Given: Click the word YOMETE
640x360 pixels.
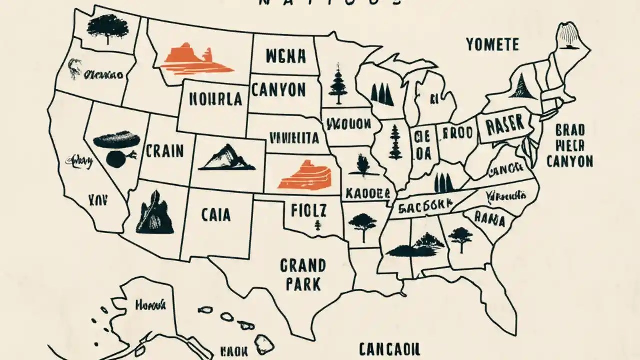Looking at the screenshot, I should pos(492,44).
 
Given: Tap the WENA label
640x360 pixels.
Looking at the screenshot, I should pos(279,56).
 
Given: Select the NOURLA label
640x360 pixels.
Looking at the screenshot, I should pos(216,99).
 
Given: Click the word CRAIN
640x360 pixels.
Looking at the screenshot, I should pos(164,150).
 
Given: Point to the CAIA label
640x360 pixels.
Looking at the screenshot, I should pos(216,215).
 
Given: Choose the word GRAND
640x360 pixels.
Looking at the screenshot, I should pos(303,265).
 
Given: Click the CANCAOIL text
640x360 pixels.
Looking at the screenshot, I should pos(390,348).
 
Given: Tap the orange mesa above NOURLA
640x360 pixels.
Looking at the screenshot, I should pos(198,59).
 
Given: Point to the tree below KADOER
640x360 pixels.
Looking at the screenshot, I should pos(362,223).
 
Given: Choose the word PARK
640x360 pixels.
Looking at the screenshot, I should pos(303,284).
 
